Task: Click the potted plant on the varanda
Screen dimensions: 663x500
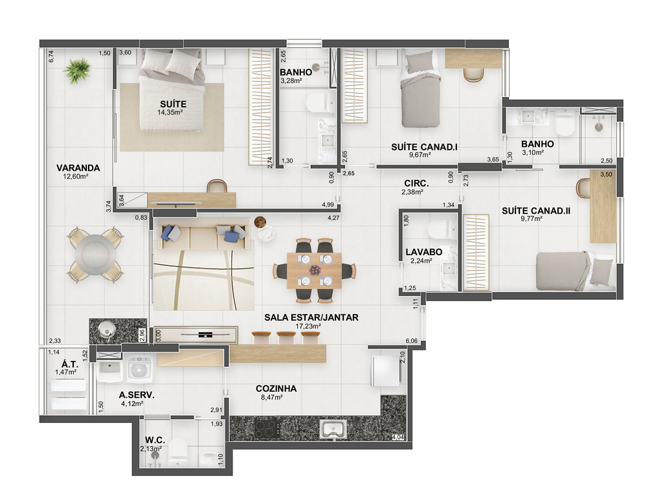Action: click(x=78, y=70)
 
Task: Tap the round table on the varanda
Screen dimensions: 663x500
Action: click(x=96, y=255)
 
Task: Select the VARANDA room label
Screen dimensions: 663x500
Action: click(x=78, y=172)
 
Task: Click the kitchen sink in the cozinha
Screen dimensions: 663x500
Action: click(x=333, y=429)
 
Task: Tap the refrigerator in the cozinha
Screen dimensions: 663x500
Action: click(x=386, y=370)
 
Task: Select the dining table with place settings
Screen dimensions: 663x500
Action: click(x=314, y=271)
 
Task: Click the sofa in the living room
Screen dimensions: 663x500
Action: click(x=203, y=235)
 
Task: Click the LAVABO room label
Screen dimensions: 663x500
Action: click(x=423, y=255)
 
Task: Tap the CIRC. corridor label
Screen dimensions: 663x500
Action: click(x=415, y=187)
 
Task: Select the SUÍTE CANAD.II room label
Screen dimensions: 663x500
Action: click(x=535, y=214)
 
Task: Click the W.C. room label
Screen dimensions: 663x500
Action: click(x=153, y=444)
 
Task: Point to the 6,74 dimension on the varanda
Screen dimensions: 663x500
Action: click(x=51, y=56)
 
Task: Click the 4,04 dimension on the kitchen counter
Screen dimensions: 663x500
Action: click(x=398, y=437)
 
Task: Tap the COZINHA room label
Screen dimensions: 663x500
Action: click(x=276, y=392)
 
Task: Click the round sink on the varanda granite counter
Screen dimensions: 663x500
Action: click(x=106, y=329)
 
